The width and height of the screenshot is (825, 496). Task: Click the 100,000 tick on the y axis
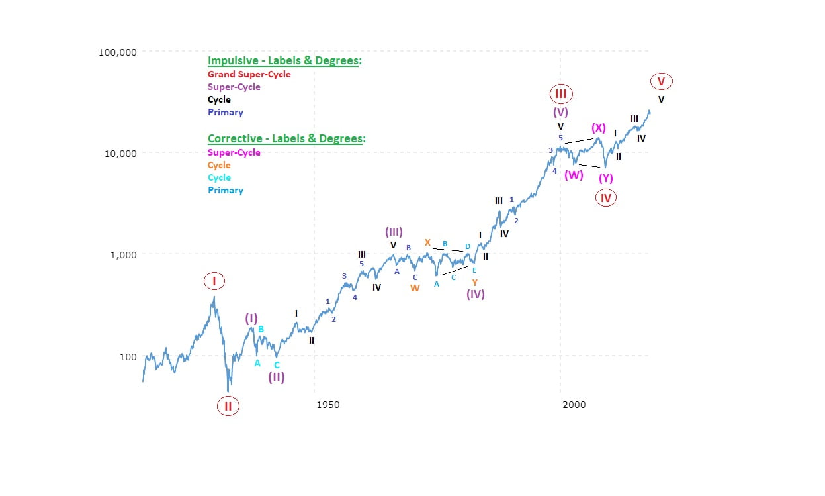118,52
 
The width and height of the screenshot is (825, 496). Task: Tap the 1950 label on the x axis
327,405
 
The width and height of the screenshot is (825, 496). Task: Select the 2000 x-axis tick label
574,405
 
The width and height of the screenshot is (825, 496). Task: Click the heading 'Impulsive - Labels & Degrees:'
284,60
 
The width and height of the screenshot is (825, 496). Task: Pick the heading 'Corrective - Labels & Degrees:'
286,139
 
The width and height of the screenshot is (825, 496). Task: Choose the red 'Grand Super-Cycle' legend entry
249,74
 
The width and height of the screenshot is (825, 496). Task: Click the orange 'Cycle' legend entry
219,165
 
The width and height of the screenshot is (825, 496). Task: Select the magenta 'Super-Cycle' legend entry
234,152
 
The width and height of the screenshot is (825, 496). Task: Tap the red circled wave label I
214,281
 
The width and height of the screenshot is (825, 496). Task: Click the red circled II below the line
228,406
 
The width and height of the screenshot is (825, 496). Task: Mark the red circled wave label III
560,94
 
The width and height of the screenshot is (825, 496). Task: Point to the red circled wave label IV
605,197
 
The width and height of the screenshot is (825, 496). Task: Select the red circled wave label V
661,82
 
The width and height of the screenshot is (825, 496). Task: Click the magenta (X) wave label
599,128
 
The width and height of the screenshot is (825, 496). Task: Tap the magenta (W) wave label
574,175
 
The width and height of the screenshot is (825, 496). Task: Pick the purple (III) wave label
394,232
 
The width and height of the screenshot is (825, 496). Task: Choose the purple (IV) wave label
475,294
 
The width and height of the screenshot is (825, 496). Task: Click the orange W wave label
415,288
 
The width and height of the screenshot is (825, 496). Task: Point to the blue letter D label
468,246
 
